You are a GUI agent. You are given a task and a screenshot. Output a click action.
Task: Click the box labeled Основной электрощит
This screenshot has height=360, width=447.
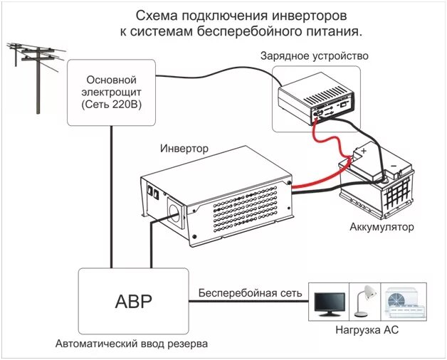coord(110,92)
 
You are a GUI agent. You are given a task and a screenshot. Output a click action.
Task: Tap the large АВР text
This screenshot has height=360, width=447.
coord(133,300)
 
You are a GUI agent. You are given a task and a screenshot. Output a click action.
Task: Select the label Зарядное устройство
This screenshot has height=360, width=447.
coord(315,55)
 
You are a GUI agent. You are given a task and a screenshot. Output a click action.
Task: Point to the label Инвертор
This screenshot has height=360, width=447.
coord(184,149)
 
